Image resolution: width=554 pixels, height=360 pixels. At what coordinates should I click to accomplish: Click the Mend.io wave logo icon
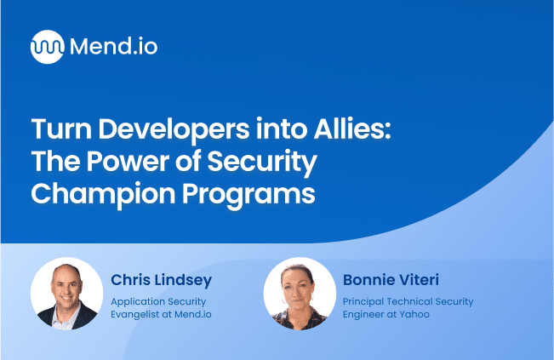[47, 46]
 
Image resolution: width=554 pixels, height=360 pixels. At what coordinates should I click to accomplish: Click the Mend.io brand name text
[112, 46]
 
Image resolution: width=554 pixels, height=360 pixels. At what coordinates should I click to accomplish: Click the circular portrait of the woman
[300, 293]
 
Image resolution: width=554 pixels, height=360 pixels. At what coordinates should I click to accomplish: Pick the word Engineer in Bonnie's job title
[364, 314]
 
